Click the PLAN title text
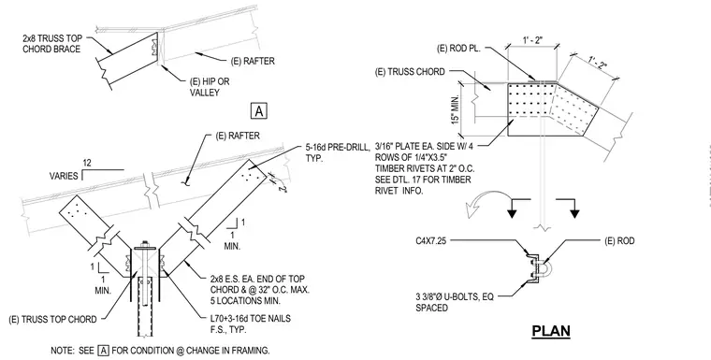pos(551,330)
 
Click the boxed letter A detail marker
pos(258,110)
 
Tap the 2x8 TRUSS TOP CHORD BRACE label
pos(51,44)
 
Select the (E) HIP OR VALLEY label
pos(210,87)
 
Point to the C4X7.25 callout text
pos(430,240)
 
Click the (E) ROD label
pos(619,240)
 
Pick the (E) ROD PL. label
pos(458,49)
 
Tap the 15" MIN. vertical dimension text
pos(455,109)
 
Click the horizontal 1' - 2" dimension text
pos(532,40)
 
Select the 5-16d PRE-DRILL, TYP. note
pos(338,153)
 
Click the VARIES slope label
pos(64,176)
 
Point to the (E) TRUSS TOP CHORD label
pos(52,319)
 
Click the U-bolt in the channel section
pos(544,267)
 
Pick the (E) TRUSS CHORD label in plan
pos(410,72)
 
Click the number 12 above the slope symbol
pos(89,163)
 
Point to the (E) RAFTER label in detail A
pos(253,61)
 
